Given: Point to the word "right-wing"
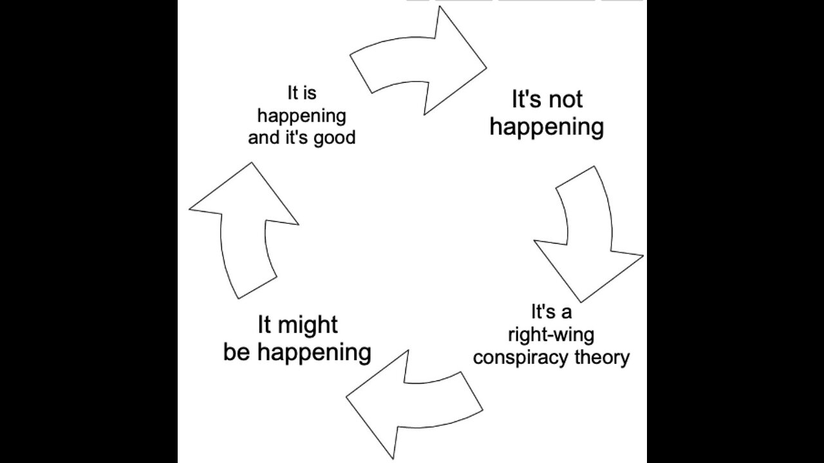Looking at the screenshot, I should click(x=551, y=334).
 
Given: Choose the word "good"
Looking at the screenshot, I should click(x=334, y=138).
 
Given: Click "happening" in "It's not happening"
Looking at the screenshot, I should click(x=547, y=127).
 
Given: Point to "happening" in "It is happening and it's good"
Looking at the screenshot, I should click(x=301, y=116).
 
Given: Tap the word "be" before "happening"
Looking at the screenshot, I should click(x=236, y=352).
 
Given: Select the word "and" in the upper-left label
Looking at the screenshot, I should click(x=263, y=138).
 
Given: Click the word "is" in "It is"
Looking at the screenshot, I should click(x=310, y=94).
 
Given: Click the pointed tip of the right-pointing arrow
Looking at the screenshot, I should click(x=485, y=66).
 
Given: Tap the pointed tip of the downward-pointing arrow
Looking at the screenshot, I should click(x=581, y=300).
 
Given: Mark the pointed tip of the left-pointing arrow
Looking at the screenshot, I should click(x=347, y=397).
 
